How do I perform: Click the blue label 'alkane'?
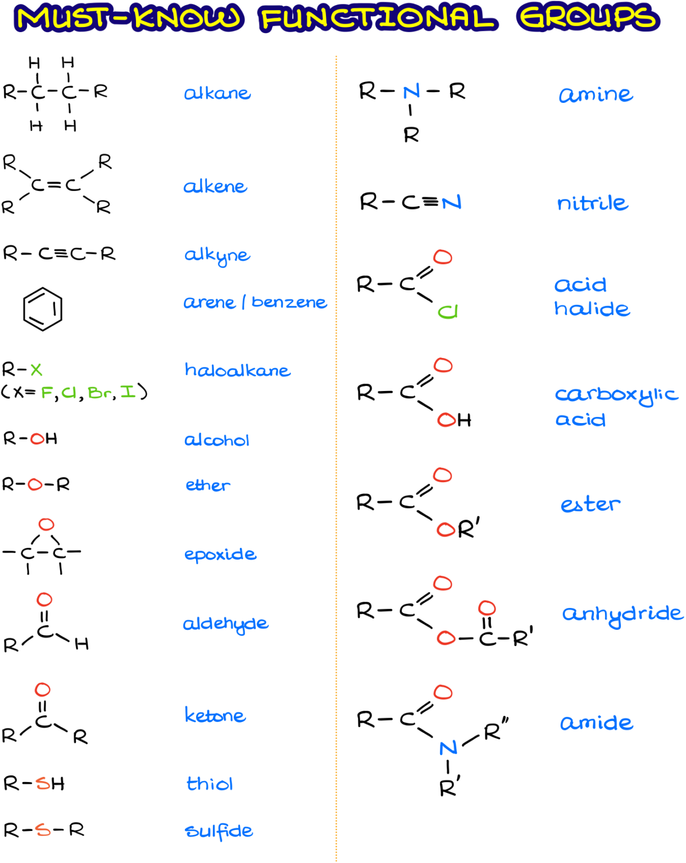click(x=217, y=93)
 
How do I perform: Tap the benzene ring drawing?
click(x=24, y=309)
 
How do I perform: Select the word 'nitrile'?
click(x=593, y=202)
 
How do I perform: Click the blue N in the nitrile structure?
click(x=451, y=202)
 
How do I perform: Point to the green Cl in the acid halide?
click(x=448, y=312)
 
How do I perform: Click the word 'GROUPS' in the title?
click(x=588, y=17)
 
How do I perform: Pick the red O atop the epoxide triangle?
click(x=46, y=524)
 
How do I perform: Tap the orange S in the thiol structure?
click(x=43, y=783)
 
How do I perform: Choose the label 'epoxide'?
click(x=220, y=555)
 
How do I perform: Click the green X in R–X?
click(x=36, y=369)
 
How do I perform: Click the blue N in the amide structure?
click(x=448, y=748)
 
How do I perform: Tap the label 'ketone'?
click(x=215, y=715)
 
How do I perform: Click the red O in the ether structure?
click(x=35, y=484)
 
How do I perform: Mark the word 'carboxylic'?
click(x=616, y=395)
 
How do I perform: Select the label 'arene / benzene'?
click(x=255, y=302)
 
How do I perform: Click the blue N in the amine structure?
click(x=412, y=92)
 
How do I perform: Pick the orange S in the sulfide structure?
click(x=43, y=830)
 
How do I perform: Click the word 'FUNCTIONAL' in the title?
click(x=378, y=18)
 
